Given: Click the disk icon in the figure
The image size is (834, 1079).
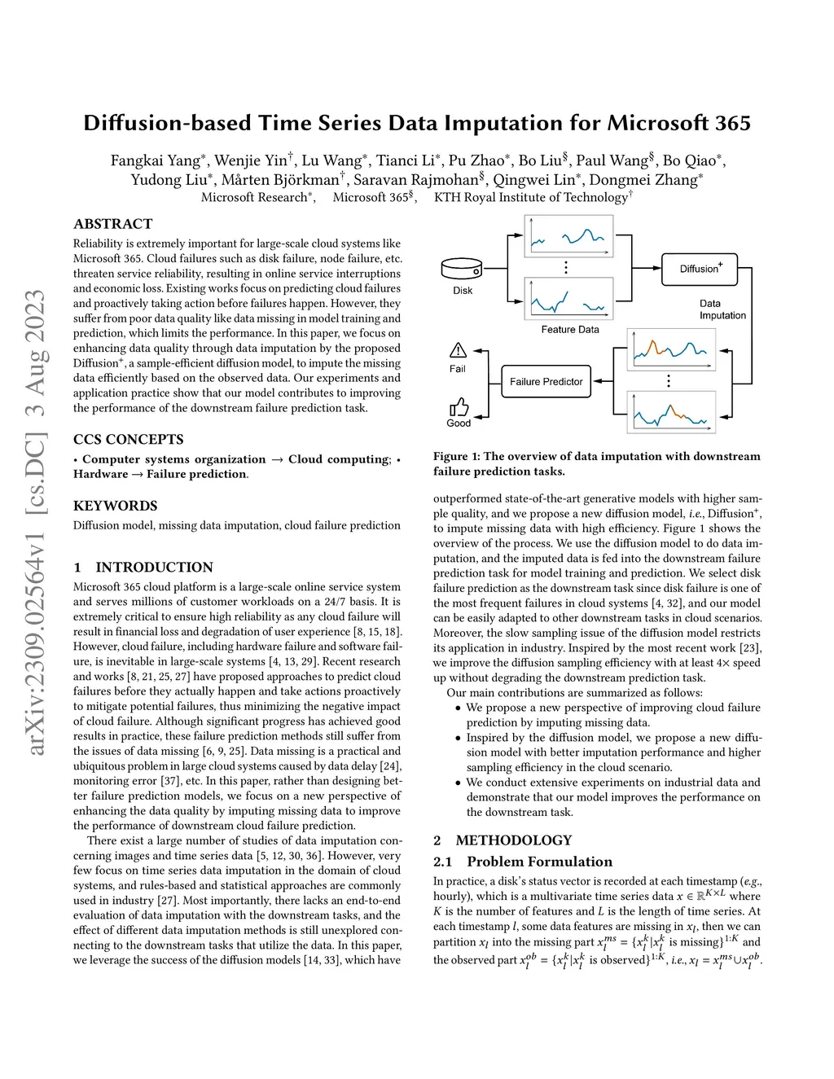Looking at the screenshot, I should point(462,268).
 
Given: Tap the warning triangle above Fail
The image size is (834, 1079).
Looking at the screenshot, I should point(458,350).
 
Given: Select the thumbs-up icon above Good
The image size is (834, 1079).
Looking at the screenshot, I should point(459,406).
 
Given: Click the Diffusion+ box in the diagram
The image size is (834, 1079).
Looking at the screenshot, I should point(700,268).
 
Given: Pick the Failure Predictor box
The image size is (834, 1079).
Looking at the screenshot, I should point(546,381).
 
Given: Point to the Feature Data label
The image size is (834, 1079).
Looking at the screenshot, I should point(569,330).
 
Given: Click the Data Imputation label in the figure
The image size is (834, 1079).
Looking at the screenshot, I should point(722,309).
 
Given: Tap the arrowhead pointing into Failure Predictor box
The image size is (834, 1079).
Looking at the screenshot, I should point(596,381).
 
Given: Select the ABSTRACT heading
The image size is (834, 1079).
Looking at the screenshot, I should point(112,224).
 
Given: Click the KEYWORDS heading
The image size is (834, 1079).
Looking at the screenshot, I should point(115,506).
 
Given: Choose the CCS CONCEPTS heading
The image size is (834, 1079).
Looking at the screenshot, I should point(128,440).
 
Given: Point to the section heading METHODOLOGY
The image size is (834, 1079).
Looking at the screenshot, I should point(513,840).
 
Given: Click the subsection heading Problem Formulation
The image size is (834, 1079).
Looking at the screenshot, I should point(539,862).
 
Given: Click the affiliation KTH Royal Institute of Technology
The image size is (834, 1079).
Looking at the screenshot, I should point(530,197).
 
